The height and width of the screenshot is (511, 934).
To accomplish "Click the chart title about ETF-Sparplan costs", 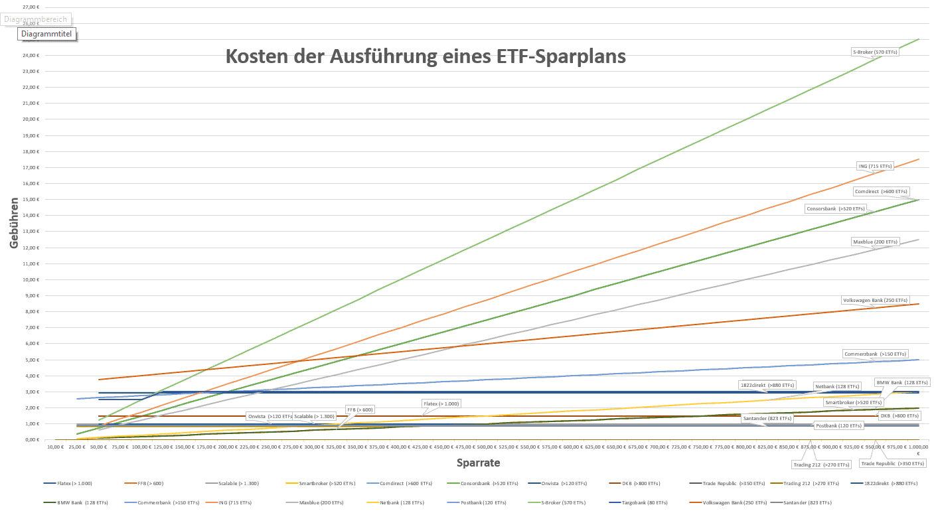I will [x=426, y=56].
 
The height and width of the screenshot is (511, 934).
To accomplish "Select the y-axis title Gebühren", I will [x=14, y=223].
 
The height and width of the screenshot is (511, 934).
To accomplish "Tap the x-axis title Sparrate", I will [x=478, y=463].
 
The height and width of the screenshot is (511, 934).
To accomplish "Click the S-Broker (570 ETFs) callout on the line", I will [x=875, y=51].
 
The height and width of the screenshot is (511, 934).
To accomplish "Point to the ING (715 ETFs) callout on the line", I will [x=875, y=166].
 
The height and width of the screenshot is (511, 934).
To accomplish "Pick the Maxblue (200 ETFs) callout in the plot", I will [x=875, y=242].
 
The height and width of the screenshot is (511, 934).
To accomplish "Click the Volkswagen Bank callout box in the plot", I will [x=874, y=300].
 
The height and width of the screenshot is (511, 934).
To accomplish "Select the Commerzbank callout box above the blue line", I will [x=874, y=354].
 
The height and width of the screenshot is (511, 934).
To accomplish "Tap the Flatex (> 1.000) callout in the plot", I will [x=441, y=403].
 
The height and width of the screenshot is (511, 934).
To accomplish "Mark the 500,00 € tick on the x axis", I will [x=487, y=448].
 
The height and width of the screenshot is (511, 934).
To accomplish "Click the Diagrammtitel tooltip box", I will [x=47, y=33].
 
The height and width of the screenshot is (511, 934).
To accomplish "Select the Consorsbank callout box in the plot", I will [x=836, y=208].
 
